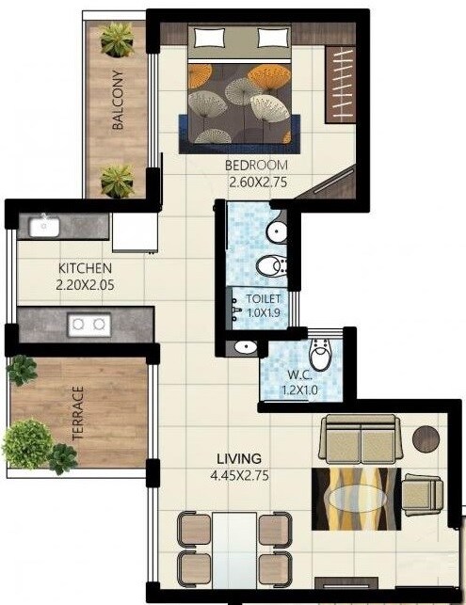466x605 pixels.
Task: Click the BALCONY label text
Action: coord(118,100)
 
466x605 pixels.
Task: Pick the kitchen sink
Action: coord(40,226)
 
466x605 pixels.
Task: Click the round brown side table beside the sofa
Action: coord(427,438)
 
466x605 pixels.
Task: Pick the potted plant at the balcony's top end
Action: coord(118,40)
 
